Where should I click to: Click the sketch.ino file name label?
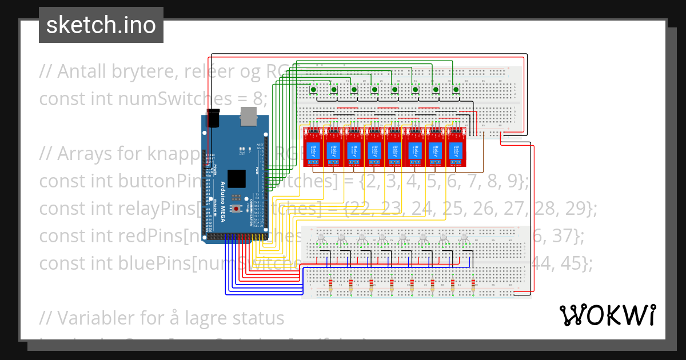(x=101, y=25)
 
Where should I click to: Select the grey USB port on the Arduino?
(x=249, y=116)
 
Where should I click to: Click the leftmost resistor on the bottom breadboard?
(x=330, y=284)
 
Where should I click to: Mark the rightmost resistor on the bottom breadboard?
(x=473, y=284)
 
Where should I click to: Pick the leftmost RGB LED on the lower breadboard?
(x=322, y=238)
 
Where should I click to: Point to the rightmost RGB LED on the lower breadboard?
(x=464, y=238)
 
